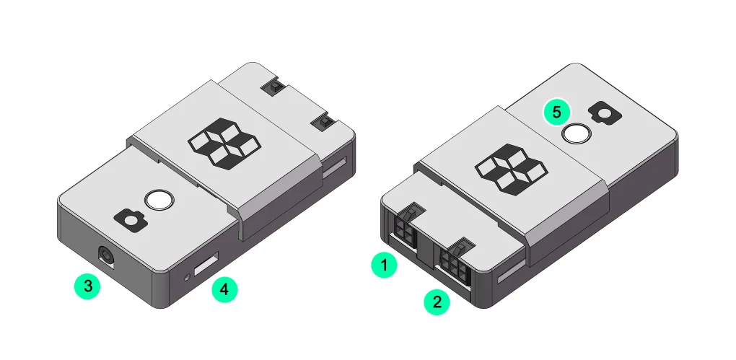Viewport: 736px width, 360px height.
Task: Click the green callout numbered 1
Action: (x=384, y=265)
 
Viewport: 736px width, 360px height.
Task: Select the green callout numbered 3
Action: (x=88, y=286)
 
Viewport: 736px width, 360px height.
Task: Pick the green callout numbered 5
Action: (x=556, y=112)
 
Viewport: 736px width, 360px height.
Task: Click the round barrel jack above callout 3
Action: (x=106, y=256)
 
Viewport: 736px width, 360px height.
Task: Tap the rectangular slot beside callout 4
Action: (x=206, y=264)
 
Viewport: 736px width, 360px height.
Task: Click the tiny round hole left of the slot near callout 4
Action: (x=189, y=275)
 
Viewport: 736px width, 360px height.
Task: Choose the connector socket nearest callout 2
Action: (x=453, y=263)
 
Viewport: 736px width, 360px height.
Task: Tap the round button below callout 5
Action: (x=577, y=133)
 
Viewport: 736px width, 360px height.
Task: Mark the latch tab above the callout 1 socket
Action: (x=408, y=214)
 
